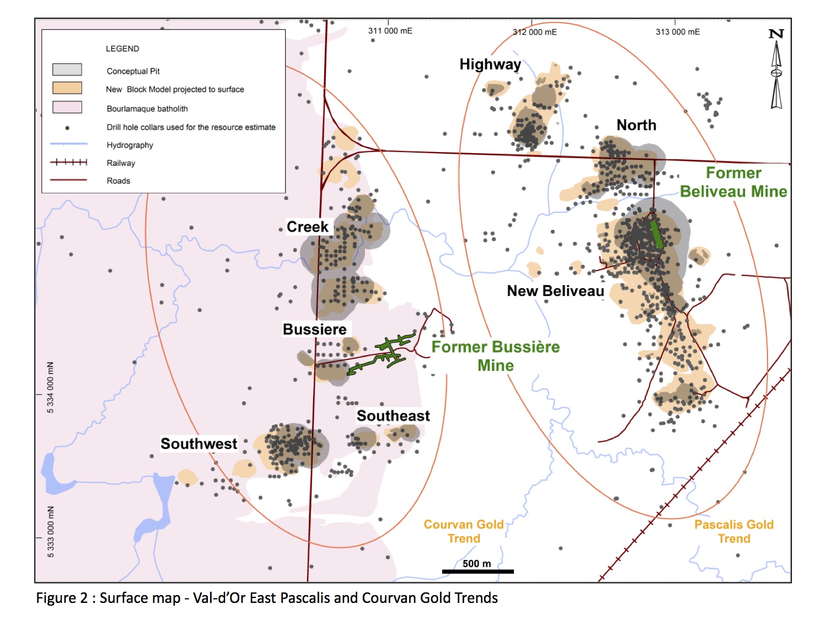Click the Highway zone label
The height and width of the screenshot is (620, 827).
coord(490,64)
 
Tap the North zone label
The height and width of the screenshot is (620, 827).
coord(636,125)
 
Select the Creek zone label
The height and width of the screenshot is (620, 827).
coord(307,227)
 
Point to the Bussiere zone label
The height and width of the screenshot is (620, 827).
coord(314,330)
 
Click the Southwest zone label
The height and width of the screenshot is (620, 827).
coord(198,444)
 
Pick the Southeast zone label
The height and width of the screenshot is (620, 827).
coord(393,416)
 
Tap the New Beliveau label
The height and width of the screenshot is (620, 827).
coord(555,291)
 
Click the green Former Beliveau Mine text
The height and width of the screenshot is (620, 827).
coord(733,182)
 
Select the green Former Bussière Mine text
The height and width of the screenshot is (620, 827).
coord(495,356)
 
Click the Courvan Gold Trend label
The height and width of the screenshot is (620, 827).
coord(464,531)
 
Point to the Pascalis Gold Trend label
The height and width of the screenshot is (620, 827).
coord(734,531)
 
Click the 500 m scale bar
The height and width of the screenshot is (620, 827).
coord(477,572)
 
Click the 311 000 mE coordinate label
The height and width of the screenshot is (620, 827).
coord(390,31)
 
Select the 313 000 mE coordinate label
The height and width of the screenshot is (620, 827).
coord(678,32)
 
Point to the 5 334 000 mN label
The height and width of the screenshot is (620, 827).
coord(51,387)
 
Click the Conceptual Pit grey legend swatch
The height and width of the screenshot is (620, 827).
coord(67,69)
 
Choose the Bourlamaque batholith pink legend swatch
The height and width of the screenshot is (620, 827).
coord(67,107)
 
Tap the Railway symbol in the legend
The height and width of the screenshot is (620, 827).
coord(68,162)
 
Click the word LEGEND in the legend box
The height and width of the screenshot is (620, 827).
coord(122,48)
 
